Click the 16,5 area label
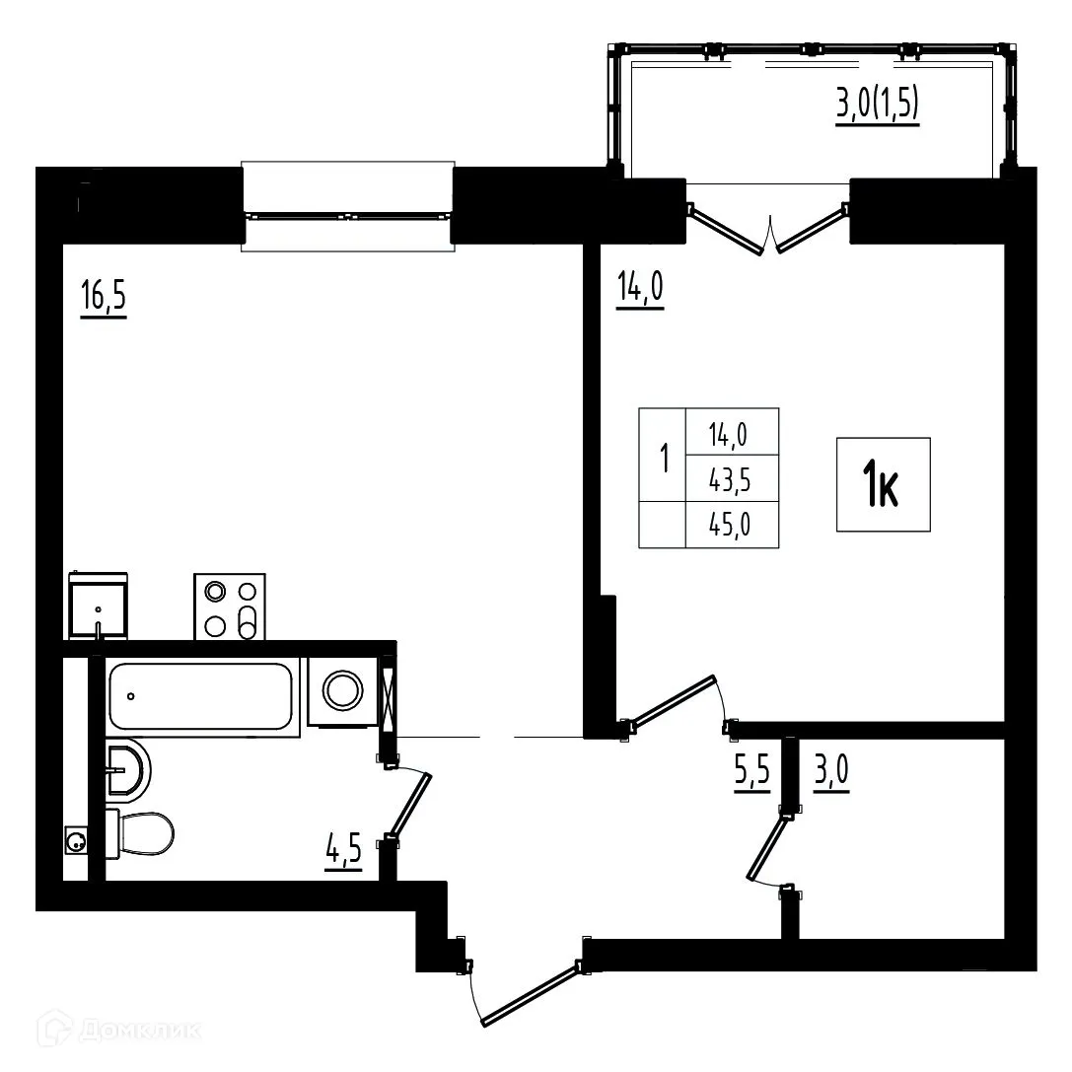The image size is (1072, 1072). click(x=104, y=298)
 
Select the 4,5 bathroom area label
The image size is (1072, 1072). click(x=343, y=850)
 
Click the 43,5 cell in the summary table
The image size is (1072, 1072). click(x=731, y=479)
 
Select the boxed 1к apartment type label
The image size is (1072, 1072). click(x=883, y=485)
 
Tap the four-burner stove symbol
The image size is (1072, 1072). click(x=230, y=606)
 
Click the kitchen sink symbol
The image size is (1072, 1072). click(x=98, y=606)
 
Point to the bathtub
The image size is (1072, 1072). click(x=201, y=696)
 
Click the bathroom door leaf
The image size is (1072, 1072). click(x=411, y=804)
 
